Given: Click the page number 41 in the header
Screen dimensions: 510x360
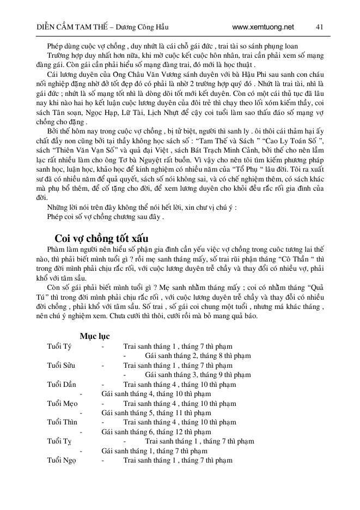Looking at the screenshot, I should [320, 27].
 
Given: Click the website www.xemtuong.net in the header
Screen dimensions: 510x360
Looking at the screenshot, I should [263, 27].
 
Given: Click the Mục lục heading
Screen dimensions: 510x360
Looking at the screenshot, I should [95, 336].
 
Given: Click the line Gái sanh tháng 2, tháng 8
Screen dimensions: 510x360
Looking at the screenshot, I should [198, 356].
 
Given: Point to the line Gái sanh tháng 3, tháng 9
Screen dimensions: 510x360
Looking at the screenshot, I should [198, 375].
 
